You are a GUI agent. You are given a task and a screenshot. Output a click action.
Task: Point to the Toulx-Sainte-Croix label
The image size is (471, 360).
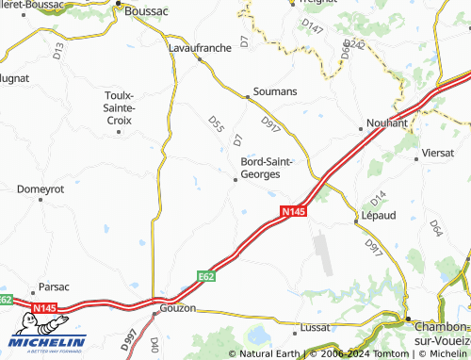(119, 107)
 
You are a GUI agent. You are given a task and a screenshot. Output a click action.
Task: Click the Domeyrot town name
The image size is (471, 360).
(40, 188)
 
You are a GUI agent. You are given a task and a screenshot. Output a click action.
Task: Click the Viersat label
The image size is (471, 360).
(439, 151)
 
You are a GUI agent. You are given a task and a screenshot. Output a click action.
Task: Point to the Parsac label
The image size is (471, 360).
(53, 286)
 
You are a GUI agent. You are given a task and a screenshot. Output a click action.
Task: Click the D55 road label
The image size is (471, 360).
(215, 123)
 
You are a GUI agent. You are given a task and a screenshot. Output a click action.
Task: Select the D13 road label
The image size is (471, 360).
(58, 55)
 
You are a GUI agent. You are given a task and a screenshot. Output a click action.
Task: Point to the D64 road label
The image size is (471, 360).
(435, 227)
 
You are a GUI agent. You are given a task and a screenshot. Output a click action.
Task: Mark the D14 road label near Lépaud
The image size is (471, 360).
(378, 198)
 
